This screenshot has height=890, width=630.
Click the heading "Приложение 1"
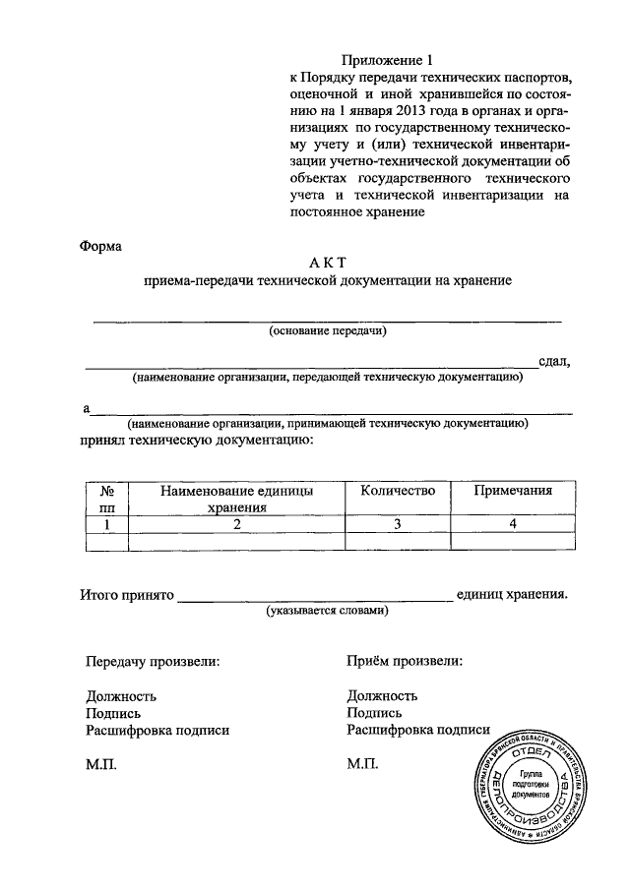pyautogui.click(x=387, y=60)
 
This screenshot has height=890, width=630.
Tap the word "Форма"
pyautogui.click(x=100, y=246)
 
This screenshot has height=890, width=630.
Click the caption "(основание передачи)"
pyautogui.click(x=328, y=331)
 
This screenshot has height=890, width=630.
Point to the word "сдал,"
pyautogui.click(x=554, y=361)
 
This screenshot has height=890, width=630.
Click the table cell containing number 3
pyautogui.click(x=398, y=523)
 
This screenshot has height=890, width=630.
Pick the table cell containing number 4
pyautogui.click(x=513, y=523)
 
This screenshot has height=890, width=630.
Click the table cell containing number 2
pyautogui.click(x=237, y=523)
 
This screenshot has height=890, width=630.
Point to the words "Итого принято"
pyautogui.click(x=126, y=595)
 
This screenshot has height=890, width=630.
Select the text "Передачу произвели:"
pyautogui.click(x=153, y=662)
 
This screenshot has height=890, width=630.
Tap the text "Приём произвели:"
pyautogui.click(x=405, y=662)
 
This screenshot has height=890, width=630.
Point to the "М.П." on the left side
pyautogui.click(x=101, y=763)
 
